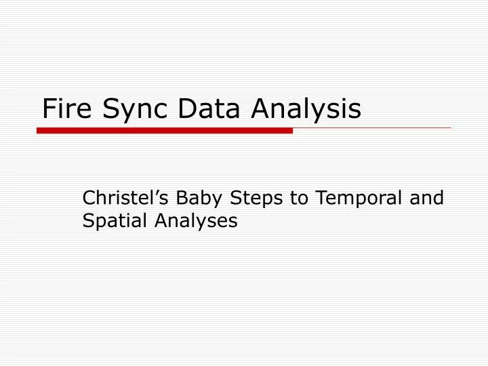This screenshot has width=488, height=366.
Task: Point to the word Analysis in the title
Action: (x=306, y=110)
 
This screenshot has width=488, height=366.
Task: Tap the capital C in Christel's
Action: (x=88, y=198)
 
